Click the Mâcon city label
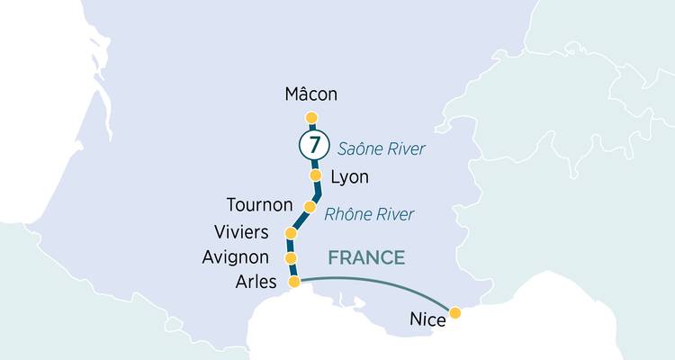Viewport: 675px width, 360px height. point(311,94)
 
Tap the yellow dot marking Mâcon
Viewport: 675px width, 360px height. point(311,117)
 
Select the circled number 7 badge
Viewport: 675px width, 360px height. point(312,144)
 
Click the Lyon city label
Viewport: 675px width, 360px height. point(350,177)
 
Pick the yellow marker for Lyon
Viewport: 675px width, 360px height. point(316,175)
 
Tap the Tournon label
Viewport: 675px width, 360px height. point(261,205)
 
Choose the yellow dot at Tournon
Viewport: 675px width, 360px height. point(310,207)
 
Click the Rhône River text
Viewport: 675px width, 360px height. point(369,214)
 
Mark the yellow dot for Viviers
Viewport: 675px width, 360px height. point(291,234)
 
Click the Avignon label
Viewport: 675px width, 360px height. point(235,258)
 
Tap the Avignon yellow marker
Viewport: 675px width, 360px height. point(291,258)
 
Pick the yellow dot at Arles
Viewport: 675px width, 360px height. point(293,282)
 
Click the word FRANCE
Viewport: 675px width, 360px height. point(366,258)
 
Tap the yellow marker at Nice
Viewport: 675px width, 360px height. point(455,313)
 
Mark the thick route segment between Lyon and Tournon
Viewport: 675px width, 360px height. point(315,193)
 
